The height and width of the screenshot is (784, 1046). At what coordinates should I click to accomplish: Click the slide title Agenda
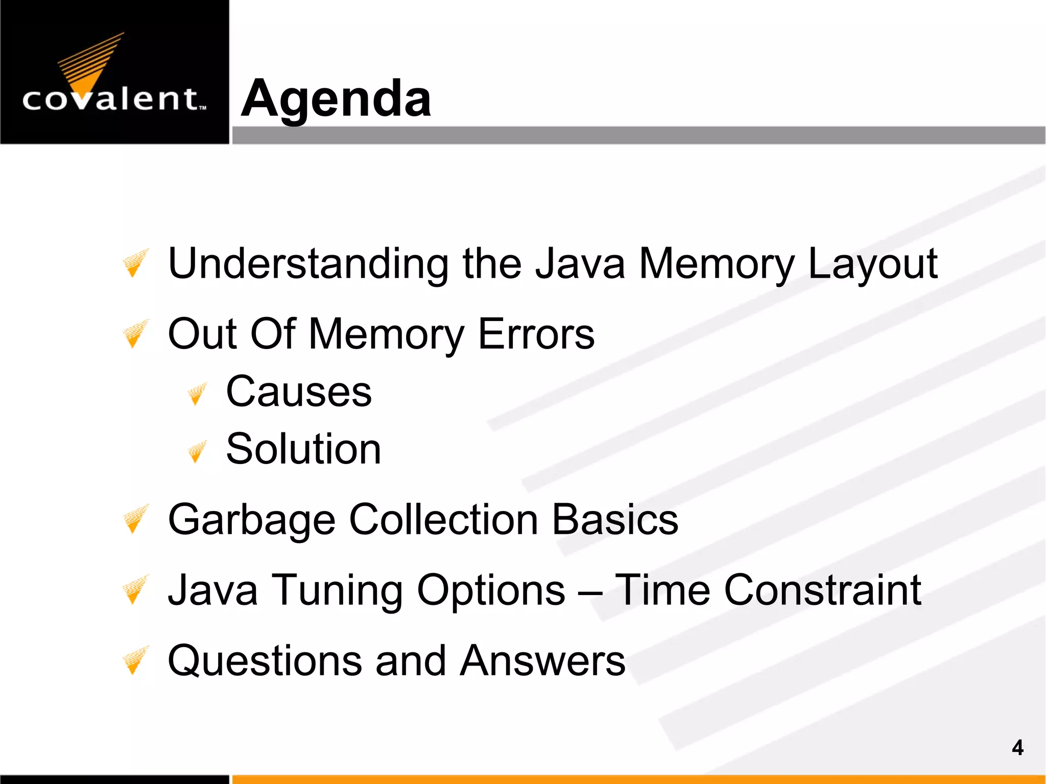coord(336,99)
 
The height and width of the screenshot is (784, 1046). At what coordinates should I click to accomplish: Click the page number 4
coord(1017,748)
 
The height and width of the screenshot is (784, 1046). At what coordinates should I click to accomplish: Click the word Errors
coord(536,334)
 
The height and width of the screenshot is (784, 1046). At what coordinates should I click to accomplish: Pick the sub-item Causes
coord(299,392)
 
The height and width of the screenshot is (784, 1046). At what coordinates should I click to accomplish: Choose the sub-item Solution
coord(303,449)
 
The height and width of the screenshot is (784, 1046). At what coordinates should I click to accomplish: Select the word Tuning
coord(337,591)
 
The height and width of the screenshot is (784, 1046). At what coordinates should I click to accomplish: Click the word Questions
coord(265,661)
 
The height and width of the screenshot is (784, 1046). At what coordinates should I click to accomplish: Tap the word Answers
coord(542,661)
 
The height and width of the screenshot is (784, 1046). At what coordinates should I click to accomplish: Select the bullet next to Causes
coord(197,394)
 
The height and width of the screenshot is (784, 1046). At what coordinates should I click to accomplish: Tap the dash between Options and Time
coord(590,592)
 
